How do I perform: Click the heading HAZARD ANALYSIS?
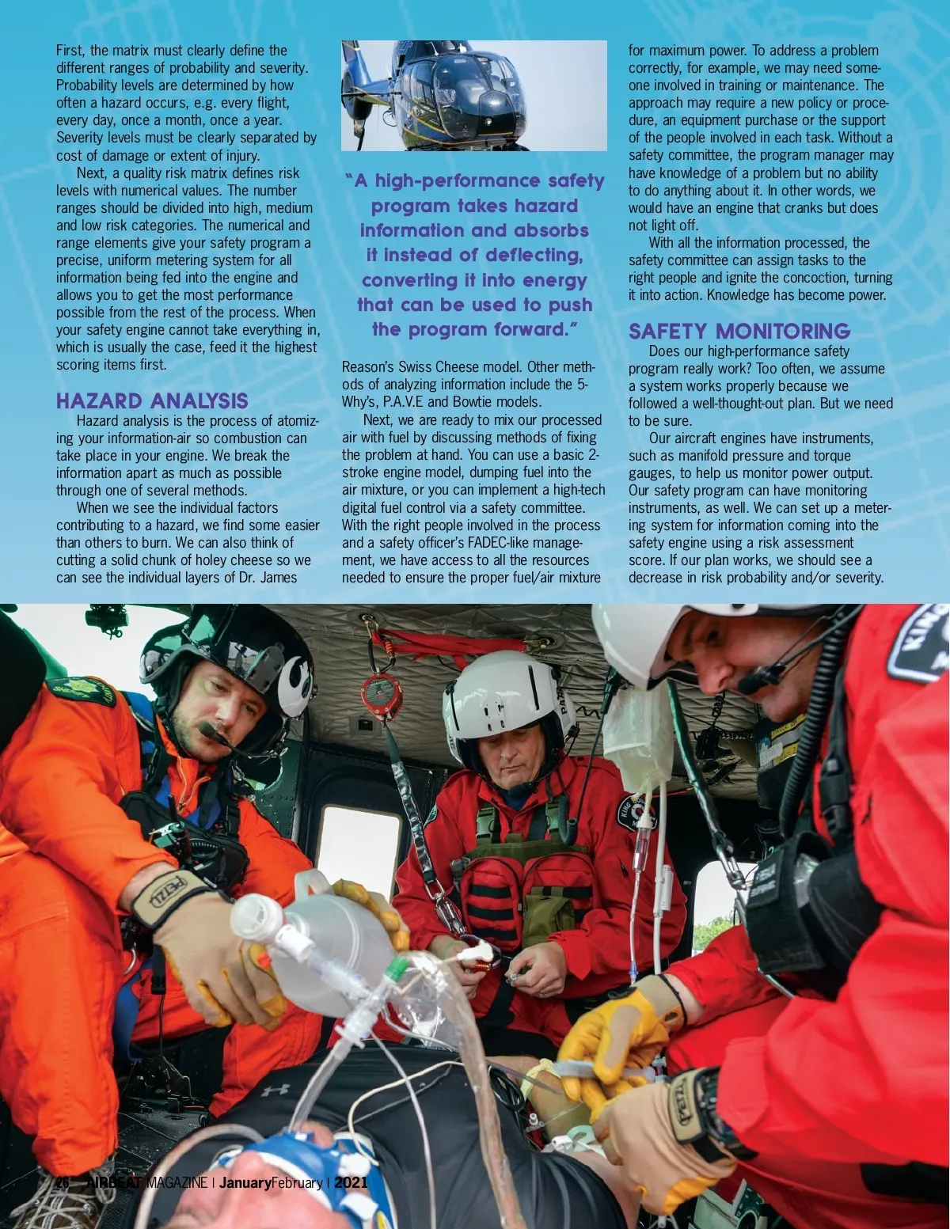click(152, 400)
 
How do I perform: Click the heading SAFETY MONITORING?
click(739, 331)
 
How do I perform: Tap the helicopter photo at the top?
click(473, 95)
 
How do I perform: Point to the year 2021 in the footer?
click(351, 1183)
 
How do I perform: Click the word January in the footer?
click(245, 1183)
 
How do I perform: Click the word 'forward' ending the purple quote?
click(530, 329)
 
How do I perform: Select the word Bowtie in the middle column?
click(473, 402)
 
